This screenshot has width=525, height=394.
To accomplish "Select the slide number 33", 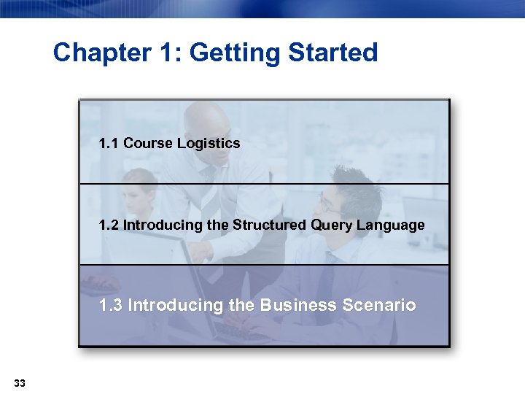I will pos(20,383).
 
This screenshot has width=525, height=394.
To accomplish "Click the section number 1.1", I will pos(109,143).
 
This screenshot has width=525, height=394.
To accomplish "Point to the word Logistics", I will pos(211,143).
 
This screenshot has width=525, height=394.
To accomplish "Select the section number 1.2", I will pos(109,225).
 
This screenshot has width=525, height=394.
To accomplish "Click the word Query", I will pos(332,225).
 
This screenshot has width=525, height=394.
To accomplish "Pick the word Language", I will pos(391,225).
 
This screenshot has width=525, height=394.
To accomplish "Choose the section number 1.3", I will pos(111,305).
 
